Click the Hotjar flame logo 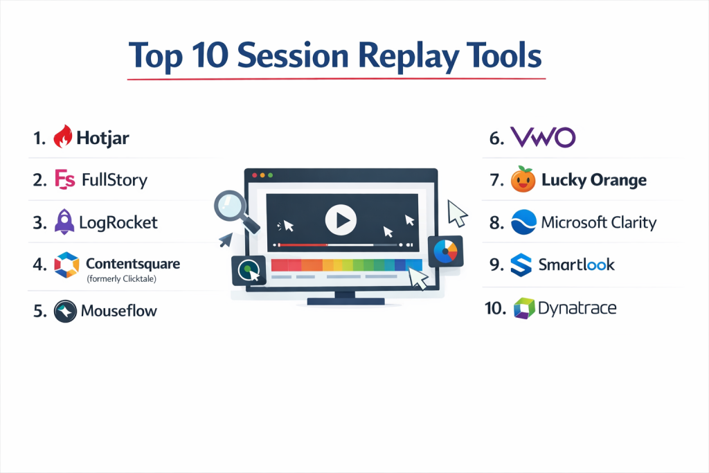tap(63, 136)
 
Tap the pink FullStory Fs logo tap(64, 179)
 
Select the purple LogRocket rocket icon tap(64, 222)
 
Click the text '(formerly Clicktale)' tap(122, 278)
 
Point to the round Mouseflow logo tap(65, 311)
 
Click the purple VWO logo tap(543, 136)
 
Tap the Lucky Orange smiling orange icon tap(523, 179)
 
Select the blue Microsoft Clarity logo tap(523, 222)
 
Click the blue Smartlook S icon tap(521, 265)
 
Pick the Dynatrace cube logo tap(524, 308)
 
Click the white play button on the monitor tap(341, 220)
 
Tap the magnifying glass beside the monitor tap(236, 211)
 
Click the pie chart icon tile tap(445, 251)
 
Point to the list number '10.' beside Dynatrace tap(496, 308)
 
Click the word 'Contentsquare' tap(133, 264)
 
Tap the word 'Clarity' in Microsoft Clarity tap(634, 222)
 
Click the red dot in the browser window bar tap(255, 175)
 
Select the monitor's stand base tap(345, 301)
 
